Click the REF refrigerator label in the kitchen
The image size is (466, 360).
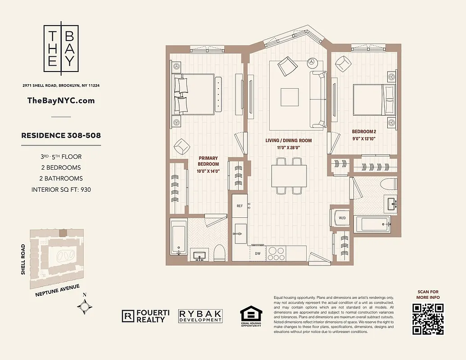(x=240, y=206)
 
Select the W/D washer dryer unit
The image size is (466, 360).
(x=342, y=219)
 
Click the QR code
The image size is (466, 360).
(x=428, y=319)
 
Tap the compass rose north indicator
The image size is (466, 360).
(x=85, y=307)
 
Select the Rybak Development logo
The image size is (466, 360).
(x=200, y=316)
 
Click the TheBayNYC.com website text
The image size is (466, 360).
(x=61, y=100)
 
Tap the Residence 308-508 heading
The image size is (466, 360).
(x=61, y=135)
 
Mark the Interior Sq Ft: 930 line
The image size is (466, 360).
(x=61, y=189)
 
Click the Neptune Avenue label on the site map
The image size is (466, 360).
(x=57, y=290)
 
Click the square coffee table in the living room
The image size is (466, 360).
(x=290, y=96)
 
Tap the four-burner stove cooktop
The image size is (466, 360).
(x=276, y=252)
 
